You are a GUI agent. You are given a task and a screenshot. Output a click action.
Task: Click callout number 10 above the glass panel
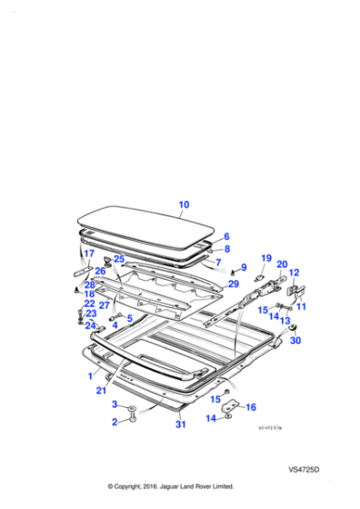tap(184, 205)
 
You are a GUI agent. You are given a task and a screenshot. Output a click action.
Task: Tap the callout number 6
tap(226, 236)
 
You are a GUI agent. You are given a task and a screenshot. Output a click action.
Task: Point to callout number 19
tap(266, 258)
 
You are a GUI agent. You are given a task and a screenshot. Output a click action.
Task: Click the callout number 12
tap(293, 272)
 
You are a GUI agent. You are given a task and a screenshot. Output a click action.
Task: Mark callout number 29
tap(234, 285)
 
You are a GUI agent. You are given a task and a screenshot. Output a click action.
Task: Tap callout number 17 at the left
tap(89, 254)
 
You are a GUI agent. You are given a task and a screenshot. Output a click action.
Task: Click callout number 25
tap(118, 259)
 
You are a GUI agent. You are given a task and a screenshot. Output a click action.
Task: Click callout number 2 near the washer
tap(115, 423)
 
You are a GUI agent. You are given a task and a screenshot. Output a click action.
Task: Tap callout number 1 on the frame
tap(90, 374)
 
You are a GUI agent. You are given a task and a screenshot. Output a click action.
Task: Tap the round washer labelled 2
tap(134, 416)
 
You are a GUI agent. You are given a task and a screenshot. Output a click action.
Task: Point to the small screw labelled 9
tap(234, 272)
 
